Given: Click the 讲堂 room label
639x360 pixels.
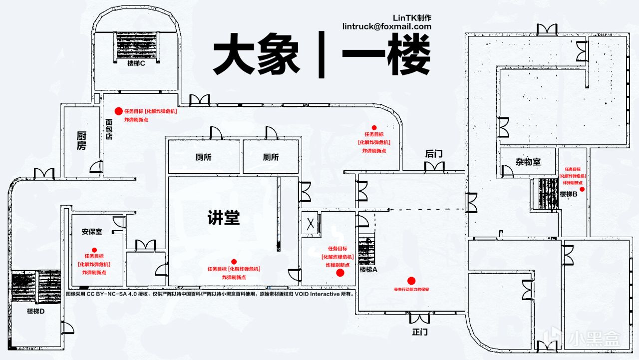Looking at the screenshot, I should (x=224, y=218).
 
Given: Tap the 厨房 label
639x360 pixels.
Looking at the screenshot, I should (x=81, y=140).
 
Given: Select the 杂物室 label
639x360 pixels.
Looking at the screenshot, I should (x=528, y=162).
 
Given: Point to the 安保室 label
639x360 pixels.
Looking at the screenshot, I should (x=92, y=232).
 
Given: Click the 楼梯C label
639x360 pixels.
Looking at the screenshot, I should (x=136, y=63).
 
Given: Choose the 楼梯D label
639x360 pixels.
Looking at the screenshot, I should (x=36, y=311).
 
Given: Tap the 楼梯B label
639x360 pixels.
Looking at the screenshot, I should (x=568, y=194).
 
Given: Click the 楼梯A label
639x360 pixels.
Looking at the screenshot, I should (x=368, y=270).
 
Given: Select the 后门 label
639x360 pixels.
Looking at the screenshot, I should (x=434, y=154).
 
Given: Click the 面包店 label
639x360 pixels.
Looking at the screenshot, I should (x=109, y=128).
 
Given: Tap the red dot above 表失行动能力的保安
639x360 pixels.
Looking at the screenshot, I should (x=411, y=281).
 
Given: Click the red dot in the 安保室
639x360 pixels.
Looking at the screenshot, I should (x=94, y=250).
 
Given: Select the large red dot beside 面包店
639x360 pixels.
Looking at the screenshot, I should (x=118, y=111).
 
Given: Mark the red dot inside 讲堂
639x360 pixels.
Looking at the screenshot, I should (x=234, y=262).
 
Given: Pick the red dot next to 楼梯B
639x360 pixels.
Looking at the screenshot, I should (x=582, y=189).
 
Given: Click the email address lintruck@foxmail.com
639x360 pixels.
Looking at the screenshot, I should (x=387, y=26).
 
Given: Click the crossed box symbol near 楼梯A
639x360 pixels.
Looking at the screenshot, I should (x=310, y=223).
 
